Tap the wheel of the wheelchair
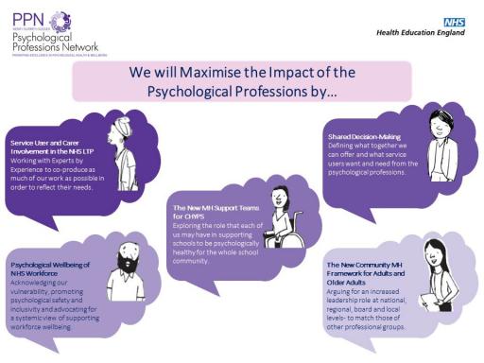[273, 237]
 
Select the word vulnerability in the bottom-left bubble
[33, 289]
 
